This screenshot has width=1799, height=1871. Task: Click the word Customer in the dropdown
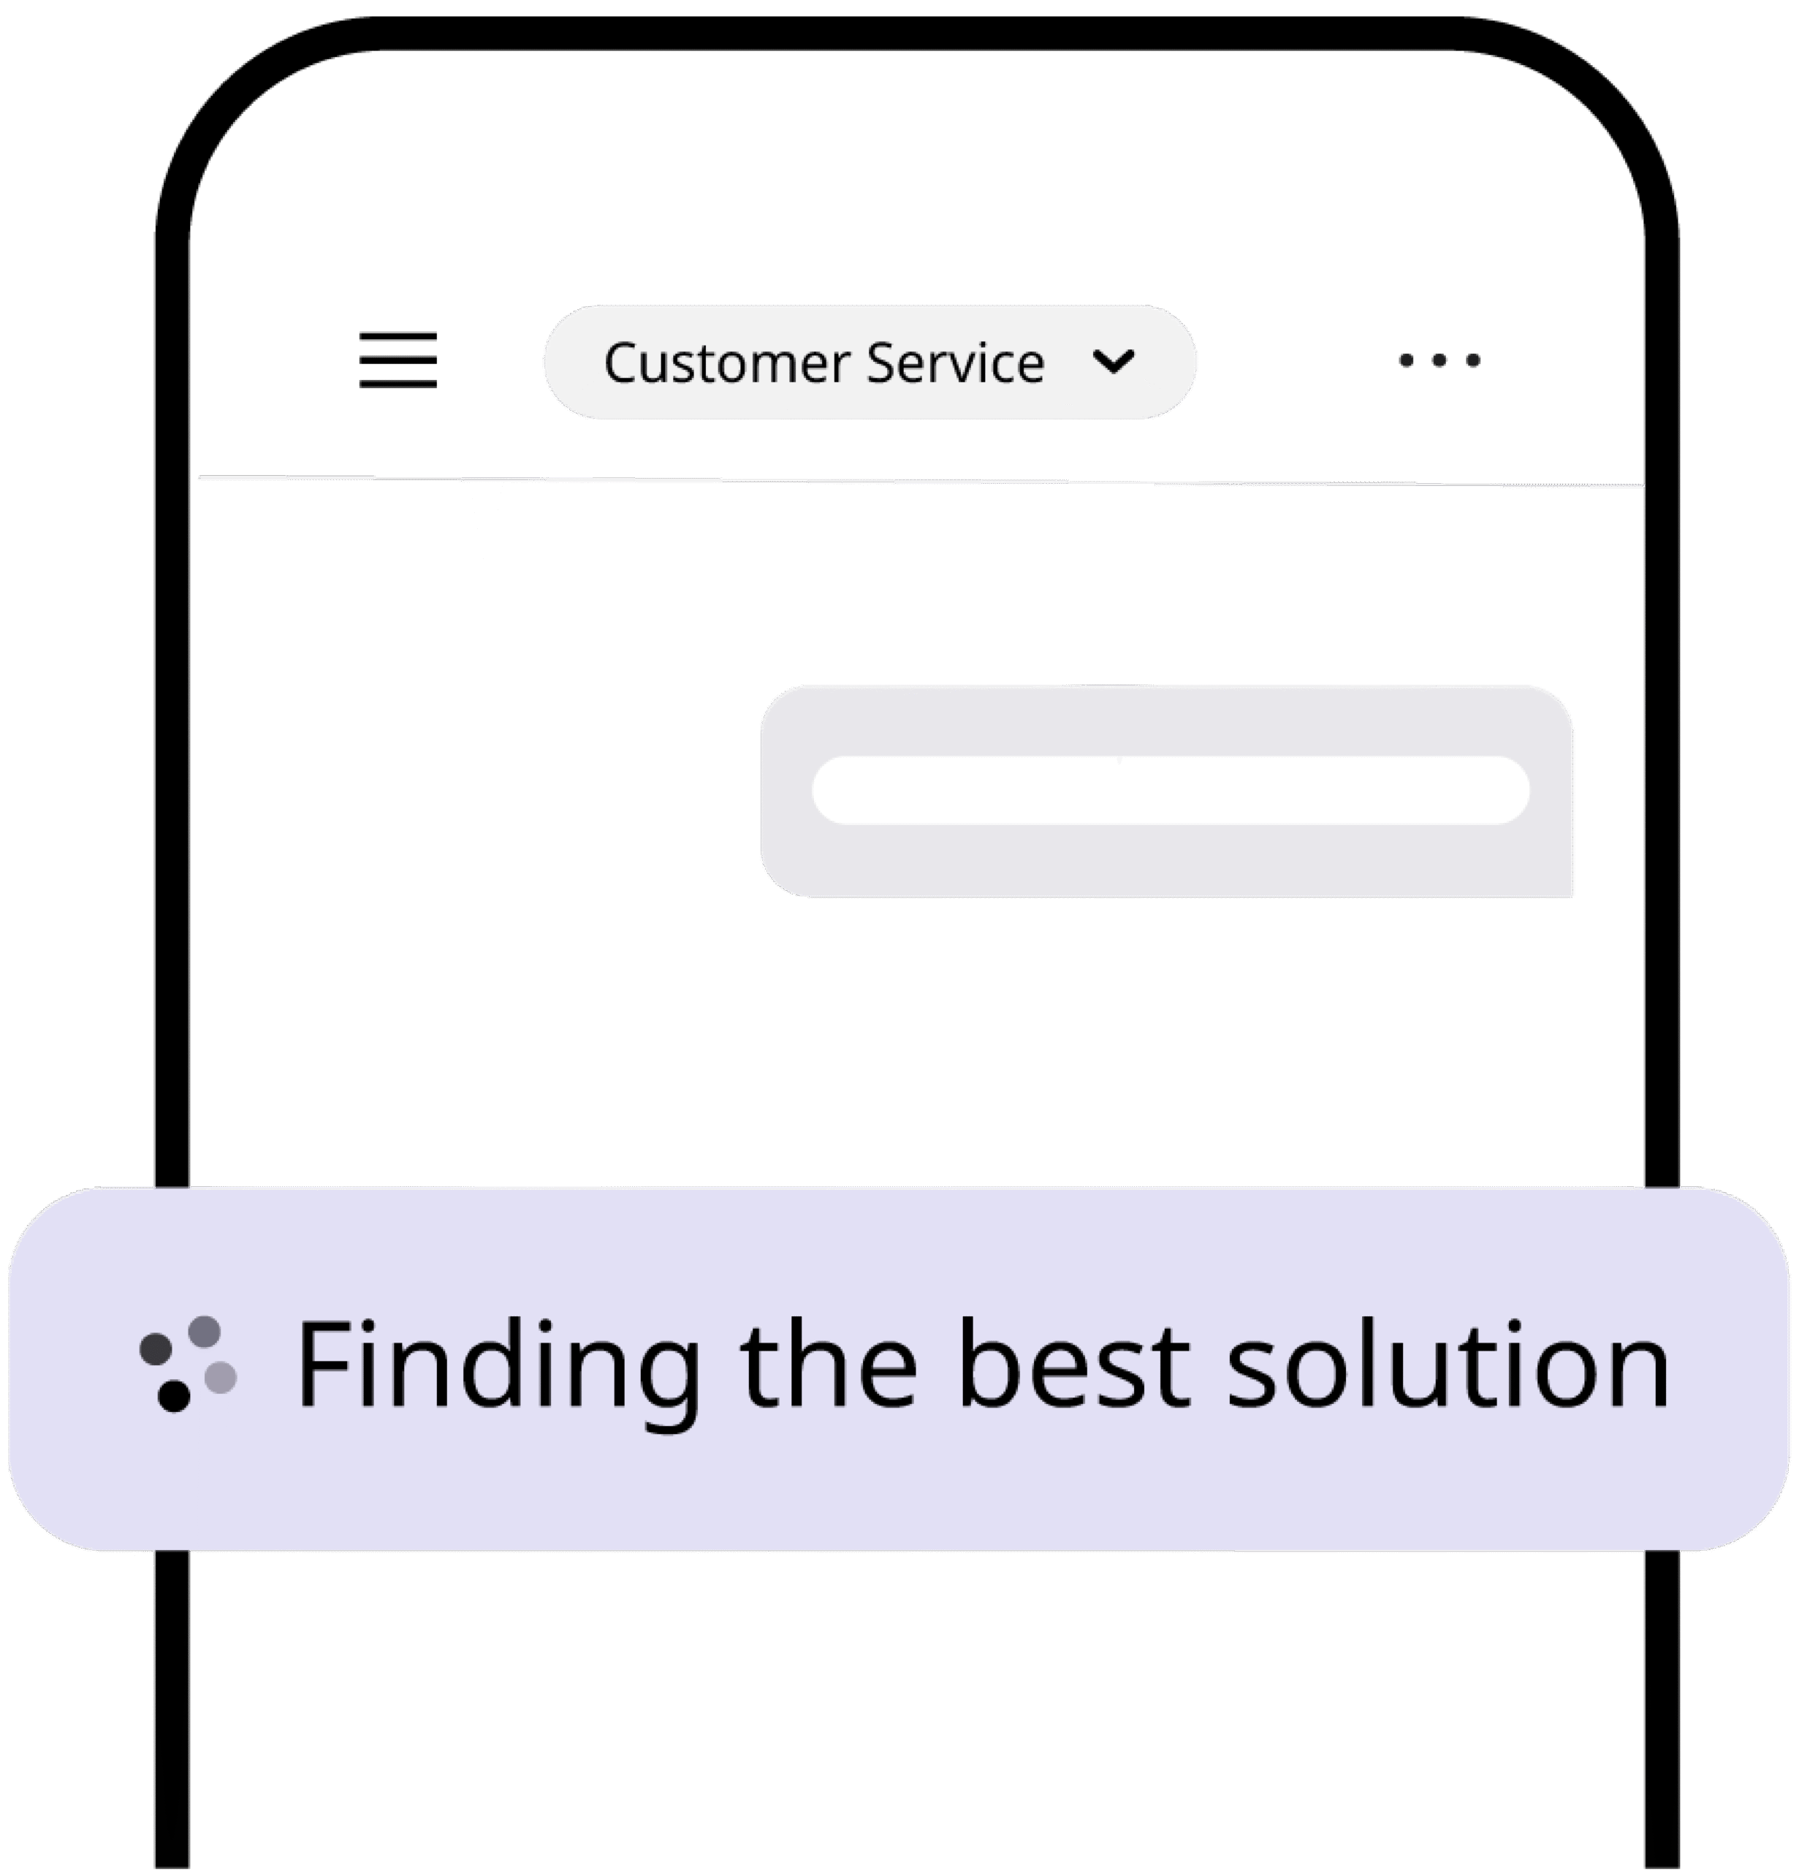[726, 364]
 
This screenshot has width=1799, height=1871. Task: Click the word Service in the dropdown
[955, 364]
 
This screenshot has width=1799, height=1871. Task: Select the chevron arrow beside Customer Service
[1114, 362]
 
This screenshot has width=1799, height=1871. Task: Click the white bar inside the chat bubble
[1170, 789]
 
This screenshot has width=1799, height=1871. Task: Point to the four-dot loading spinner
[188, 1363]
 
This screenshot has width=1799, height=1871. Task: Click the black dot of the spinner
[174, 1396]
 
